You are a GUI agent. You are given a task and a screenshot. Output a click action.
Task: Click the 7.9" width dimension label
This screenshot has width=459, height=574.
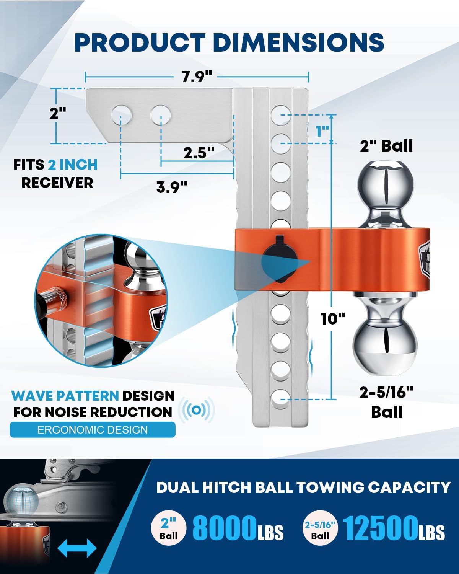[x=197, y=77]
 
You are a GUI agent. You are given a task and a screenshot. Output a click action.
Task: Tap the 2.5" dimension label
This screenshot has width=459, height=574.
[x=199, y=153]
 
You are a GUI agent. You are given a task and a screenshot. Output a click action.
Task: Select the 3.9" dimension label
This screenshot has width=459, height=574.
[x=172, y=187]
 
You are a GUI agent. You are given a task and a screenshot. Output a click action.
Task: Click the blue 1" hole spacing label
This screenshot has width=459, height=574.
[x=323, y=131]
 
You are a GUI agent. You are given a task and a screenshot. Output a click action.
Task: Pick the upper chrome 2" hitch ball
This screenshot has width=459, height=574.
[x=386, y=183]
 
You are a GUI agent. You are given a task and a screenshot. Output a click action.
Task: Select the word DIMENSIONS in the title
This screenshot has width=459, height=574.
[x=298, y=42]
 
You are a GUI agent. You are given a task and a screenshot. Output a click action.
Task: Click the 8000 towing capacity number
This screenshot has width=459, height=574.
[x=224, y=528]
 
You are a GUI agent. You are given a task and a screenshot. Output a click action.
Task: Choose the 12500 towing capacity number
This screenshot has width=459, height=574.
[x=380, y=528]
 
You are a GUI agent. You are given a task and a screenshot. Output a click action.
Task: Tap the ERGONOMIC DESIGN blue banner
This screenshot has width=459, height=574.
[x=93, y=430]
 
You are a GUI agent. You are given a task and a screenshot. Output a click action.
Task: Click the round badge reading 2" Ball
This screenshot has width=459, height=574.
[x=169, y=528]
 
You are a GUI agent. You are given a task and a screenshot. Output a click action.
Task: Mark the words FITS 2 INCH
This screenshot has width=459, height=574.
[x=55, y=165]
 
